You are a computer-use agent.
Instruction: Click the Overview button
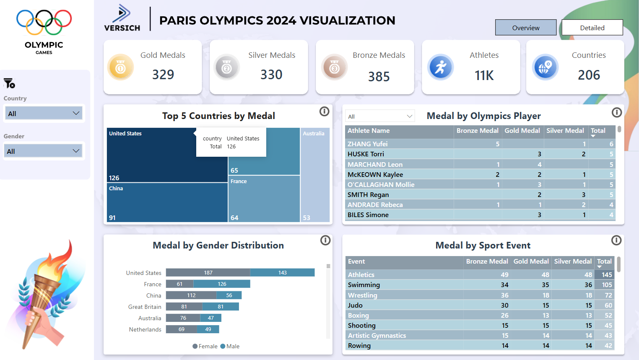coord(525,28)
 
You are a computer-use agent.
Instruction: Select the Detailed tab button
coord(592,28)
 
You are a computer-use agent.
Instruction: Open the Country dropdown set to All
coord(44,113)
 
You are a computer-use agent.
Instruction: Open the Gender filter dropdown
coord(44,151)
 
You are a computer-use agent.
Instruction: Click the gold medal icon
coord(120,67)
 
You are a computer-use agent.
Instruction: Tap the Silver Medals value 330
coord(271,75)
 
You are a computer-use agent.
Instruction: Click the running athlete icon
coord(440,67)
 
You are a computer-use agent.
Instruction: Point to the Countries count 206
coord(589,75)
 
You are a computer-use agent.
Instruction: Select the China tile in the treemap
coord(167,202)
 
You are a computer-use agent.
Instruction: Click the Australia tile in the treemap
coord(315,176)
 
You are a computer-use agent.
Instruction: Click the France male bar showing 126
coord(222,284)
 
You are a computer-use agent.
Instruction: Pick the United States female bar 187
coord(208,273)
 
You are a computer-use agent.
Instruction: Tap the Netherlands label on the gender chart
coord(145,329)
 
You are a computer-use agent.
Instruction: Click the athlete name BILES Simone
coord(368,215)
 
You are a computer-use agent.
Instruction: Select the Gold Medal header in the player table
coord(522,131)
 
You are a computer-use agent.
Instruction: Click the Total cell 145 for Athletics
coord(607,275)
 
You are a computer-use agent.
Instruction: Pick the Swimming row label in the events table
coord(364,285)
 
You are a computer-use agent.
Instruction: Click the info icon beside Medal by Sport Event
coord(616,240)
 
